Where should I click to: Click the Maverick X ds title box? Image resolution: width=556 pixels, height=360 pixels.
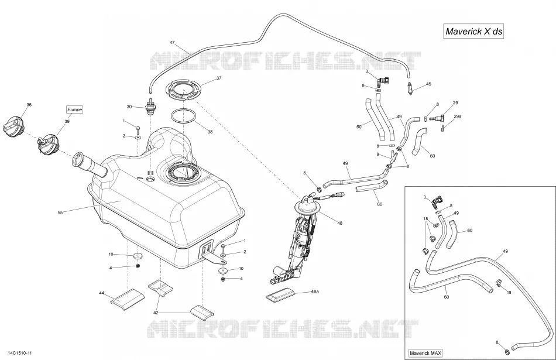473,31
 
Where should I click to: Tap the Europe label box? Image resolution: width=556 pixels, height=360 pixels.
74,109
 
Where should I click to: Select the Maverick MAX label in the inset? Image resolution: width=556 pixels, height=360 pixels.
425,353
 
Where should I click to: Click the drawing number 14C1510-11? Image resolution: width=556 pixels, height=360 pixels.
16,353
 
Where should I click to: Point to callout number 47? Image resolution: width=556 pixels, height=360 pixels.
172,43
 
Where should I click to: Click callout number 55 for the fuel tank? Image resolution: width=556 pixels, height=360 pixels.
60,213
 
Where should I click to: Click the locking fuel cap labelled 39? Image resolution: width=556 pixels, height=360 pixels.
47,143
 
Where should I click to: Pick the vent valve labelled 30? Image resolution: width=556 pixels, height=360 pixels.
150,106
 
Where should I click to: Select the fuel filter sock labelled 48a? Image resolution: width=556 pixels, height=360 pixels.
282,295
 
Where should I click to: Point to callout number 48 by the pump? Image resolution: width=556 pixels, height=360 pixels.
339,223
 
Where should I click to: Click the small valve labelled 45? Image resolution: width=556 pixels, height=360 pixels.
411,88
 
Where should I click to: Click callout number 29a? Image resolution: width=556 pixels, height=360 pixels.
458,116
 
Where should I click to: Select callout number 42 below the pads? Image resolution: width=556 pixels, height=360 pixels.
156,313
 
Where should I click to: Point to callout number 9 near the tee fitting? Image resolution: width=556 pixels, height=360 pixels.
378,155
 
